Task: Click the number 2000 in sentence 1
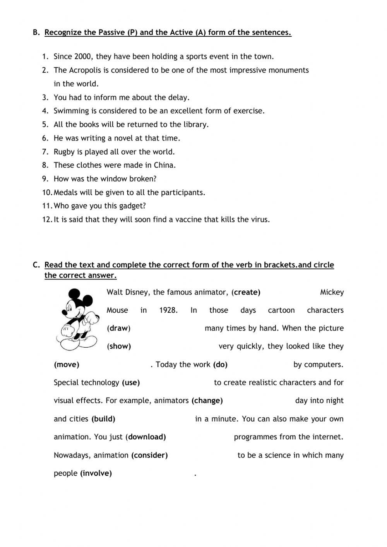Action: [x=83, y=57]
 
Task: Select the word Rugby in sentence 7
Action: [x=64, y=152]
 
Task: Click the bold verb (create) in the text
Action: [x=246, y=292]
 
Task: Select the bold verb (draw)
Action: [x=118, y=328]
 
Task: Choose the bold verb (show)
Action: [x=119, y=346]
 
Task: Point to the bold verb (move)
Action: [x=67, y=364]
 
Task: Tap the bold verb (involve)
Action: [x=96, y=473]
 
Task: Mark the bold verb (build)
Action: [x=103, y=419]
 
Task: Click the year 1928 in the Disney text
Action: [x=168, y=310]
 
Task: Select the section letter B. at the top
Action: [x=36, y=33]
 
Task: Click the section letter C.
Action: [x=36, y=265]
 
